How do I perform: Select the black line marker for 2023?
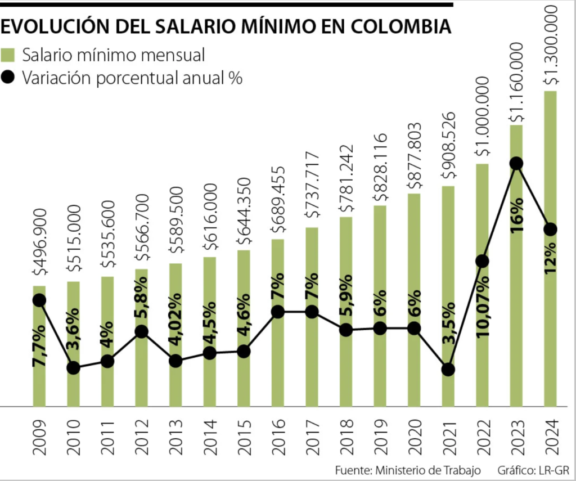[x=516, y=164]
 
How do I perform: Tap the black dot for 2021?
[x=448, y=370]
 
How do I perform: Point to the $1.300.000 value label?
[x=550, y=46]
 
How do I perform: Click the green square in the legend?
[x=8, y=55]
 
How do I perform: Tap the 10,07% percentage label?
[x=482, y=307]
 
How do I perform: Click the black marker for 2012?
[x=141, y=332]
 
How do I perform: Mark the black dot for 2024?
[x=550, y=230]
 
